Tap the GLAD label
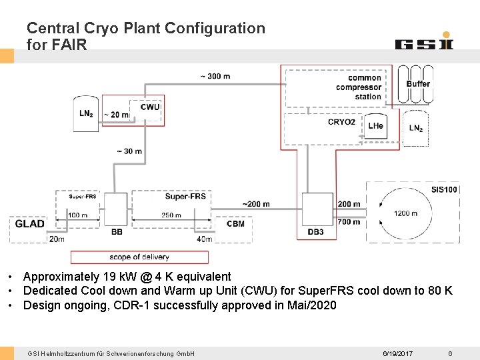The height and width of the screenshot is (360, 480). click(30, 224)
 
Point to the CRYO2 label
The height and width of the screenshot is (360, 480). click(341, 122)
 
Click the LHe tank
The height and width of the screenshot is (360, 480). click(376, 125)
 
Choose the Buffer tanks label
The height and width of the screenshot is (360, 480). click(418, 84)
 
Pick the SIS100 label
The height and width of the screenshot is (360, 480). click(444, 189)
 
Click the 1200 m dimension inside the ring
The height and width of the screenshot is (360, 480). click(406, 213)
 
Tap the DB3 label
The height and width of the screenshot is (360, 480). click(316, 232)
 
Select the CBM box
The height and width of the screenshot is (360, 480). click(235, 224)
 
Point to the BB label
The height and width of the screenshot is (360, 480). click(117, 232)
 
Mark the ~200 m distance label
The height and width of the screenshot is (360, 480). click(256, 204)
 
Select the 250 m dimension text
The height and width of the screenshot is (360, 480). click(171, 215)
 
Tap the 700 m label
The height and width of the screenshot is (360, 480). click(349, 221)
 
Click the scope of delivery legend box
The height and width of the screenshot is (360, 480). click(139, 257)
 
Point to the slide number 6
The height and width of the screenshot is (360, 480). click(450, 353)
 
